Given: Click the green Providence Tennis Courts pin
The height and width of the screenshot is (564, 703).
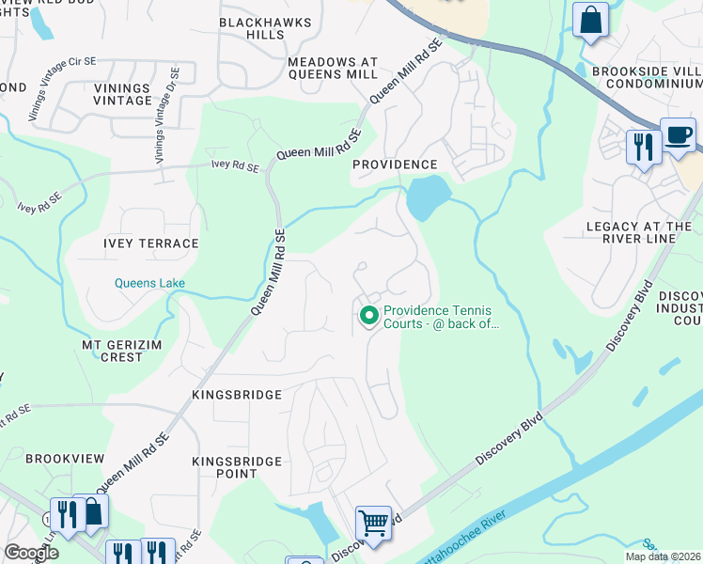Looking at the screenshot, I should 368,316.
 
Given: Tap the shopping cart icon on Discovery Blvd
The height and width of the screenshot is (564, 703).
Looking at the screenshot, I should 373,522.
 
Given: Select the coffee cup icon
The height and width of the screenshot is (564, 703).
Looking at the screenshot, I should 678,135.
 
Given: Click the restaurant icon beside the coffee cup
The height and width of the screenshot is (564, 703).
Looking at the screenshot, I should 644,147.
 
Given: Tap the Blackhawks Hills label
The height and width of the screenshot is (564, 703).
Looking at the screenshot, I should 252,27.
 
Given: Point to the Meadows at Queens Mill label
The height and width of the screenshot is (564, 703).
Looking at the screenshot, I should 333,68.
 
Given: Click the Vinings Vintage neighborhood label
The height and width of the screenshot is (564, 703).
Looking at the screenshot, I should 122,93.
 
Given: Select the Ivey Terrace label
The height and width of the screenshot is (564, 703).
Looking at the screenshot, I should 151,243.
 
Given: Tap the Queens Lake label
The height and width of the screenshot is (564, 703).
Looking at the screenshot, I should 150,282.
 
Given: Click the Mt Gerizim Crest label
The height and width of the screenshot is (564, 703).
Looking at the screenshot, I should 121,351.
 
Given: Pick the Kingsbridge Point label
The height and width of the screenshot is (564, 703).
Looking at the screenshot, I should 237,467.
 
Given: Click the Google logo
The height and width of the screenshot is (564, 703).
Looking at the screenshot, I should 30,553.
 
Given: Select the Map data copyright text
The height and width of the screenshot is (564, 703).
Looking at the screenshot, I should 663,556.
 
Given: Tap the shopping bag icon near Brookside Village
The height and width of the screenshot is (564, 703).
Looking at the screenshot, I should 590,20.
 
